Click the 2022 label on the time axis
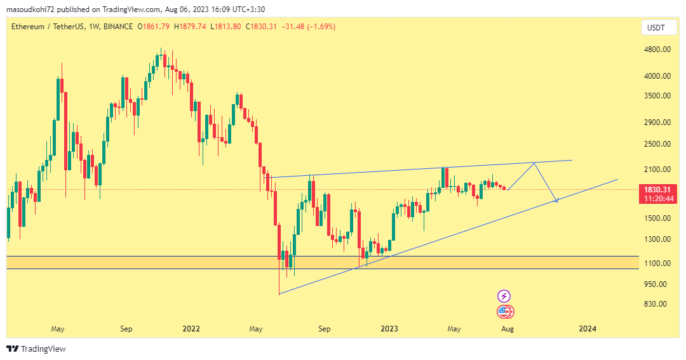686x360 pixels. coord(191,329)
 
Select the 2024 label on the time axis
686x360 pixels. coord(588,329)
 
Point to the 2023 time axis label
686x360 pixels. coord(389,329)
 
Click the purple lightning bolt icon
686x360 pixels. coord(504,296)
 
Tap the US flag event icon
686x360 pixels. coord(505,312)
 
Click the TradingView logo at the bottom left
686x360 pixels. coord(36,349)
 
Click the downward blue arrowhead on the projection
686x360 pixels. coord(556,201)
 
